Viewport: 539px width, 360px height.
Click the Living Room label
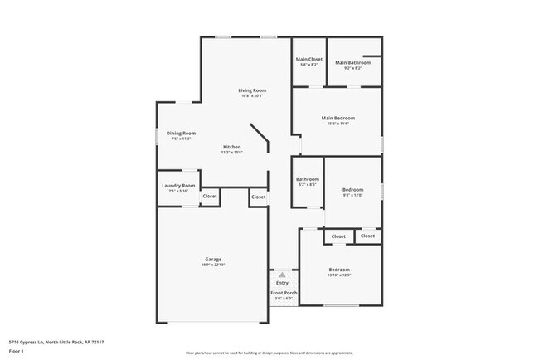[x=251, y=90]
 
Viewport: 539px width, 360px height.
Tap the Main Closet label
[x=309, y=59]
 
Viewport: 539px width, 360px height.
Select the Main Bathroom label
[x=352, y=63]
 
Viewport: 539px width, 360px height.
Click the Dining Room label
[x=181, y=134]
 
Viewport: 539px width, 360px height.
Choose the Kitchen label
[x=231, y=147]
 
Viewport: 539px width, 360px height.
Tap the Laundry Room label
[x=178, y=185]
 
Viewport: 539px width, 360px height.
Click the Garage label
[x=213, y=260]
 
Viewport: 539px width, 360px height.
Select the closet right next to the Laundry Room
[x=210, y=197]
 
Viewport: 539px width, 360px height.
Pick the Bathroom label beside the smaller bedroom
[x=308, y=178]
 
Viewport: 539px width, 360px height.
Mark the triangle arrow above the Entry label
[x=282, y=274]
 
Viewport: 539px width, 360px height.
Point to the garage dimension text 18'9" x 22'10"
[x=213, y=265]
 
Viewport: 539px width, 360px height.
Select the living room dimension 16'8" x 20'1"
[x=251, y=95]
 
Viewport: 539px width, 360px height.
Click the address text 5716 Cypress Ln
[x=57, y=342]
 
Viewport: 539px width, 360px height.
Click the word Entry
[x=282, y=283]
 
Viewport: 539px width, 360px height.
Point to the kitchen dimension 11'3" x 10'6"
[x=231, y=153]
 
